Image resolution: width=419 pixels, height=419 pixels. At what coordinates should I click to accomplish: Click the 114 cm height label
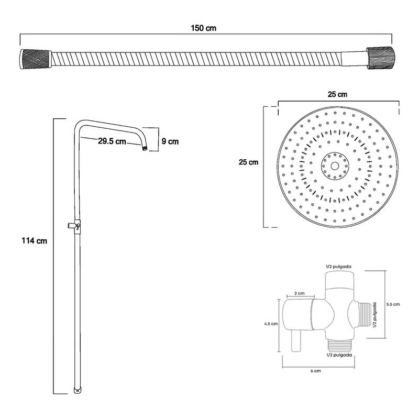click(x=35, y=241)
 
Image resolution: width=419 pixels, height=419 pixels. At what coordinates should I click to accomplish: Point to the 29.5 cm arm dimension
click(x=112, y=140)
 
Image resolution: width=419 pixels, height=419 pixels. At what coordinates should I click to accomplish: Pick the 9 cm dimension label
click(x=170, y=140)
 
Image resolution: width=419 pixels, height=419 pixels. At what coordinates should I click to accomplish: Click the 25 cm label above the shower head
click(x=337, y=95)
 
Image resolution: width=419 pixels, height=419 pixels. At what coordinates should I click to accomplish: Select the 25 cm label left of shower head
click(x=248, y=162)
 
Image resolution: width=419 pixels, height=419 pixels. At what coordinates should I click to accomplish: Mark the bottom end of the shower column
click(x=78, y=390)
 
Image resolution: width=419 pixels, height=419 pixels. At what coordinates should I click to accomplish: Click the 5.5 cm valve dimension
click(x=392, y=304)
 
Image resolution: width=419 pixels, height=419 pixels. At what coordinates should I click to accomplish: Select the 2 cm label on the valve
click(x=299, y=293)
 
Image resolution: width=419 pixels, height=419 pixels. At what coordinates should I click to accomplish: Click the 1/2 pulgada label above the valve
click(x=338, y=266)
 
